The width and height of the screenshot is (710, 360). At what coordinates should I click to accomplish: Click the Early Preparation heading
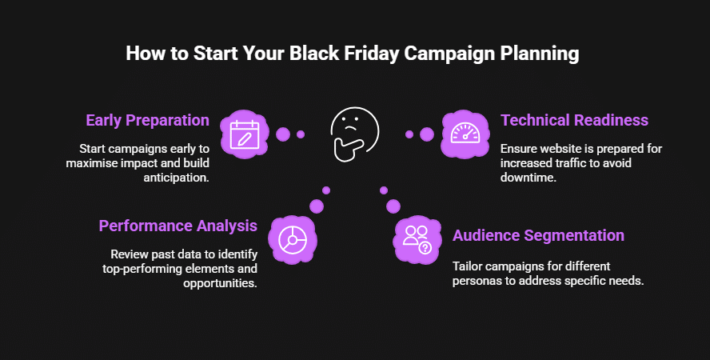click(148, 121)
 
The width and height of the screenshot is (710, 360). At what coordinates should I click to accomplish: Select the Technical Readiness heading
click(574, 121)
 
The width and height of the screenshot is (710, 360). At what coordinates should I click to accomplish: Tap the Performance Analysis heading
click(178, 226)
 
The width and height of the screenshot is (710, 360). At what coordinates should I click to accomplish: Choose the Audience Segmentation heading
click(538, 235)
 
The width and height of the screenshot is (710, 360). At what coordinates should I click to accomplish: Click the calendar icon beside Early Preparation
click(245, 134)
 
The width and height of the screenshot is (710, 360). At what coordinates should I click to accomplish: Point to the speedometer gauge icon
click(465, 134)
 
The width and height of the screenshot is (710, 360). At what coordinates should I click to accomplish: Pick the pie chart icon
click(293, 239)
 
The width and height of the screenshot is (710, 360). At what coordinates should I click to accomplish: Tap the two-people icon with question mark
click(417, 239)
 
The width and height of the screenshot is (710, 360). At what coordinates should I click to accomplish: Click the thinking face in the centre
click(354, 134)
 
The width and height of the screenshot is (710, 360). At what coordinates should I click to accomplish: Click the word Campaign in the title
click(450, 54)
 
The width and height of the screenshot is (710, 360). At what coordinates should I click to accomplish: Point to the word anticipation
click(177, 178)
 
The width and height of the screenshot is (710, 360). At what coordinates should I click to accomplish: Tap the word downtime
click(529, 177)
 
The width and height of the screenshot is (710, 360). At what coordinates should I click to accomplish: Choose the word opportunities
click(220, 283)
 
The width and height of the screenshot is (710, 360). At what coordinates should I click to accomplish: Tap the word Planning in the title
click(540, 54)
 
